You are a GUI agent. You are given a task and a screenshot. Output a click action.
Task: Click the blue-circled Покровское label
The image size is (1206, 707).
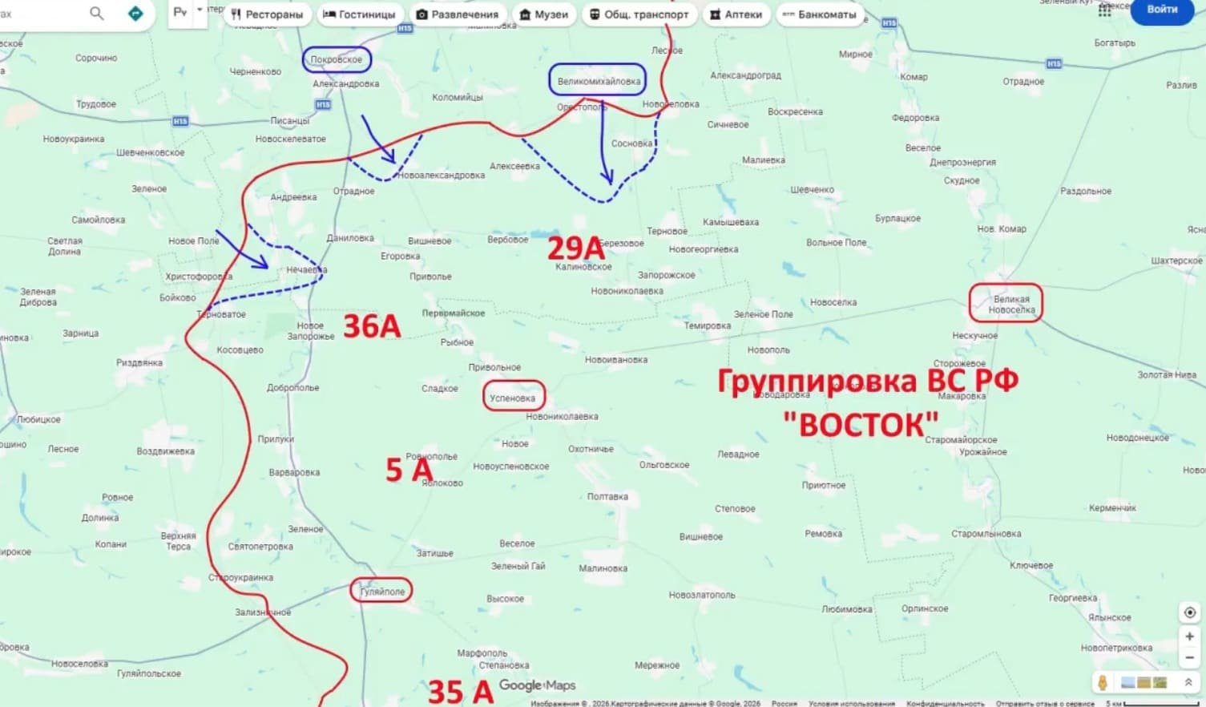click(x=337, y=60)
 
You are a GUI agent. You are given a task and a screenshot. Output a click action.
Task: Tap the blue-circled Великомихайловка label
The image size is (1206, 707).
click(x=598, y=81)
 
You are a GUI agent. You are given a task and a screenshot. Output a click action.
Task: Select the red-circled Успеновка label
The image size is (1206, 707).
click(x=513, y=398)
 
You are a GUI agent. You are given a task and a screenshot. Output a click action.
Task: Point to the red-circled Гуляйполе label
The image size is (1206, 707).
click(x=382, y=592)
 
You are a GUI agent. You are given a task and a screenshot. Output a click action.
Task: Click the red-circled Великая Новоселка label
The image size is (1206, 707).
click(x=1006, y=304)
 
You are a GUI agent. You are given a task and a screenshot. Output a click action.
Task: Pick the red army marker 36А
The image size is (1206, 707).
click(x=372, y=326)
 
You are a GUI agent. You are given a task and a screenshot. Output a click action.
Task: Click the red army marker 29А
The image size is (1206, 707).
click(x=575, y=248)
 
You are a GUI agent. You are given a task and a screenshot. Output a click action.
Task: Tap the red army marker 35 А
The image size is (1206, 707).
click(x=460, y=691)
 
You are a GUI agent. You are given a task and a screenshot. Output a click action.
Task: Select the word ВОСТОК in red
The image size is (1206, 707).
click(x=861, y=424)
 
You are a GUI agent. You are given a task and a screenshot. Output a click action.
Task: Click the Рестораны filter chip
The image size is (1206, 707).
click(x=267, y=14)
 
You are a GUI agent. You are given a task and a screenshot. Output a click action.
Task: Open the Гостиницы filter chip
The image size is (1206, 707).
click(x=359, y=14)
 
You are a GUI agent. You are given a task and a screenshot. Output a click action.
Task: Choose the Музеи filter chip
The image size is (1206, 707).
click(x=544, y=14)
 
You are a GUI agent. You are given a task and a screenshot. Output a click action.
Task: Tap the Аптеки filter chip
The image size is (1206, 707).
click(x=736, y=14)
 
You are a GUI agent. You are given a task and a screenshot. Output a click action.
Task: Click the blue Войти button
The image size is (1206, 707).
click(x=1161, y=10)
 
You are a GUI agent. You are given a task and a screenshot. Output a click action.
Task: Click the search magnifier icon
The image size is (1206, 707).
click(x=96, y=13)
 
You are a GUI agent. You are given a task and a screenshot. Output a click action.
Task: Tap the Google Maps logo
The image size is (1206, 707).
click(x=537, y=685)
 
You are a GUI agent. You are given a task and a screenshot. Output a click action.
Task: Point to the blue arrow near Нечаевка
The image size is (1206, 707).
click(x=243, y=249)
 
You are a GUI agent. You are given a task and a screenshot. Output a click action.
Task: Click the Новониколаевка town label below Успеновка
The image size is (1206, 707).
click(x=562, y=417)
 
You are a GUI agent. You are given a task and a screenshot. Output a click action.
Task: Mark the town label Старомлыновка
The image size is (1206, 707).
click(x=986, y=534)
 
